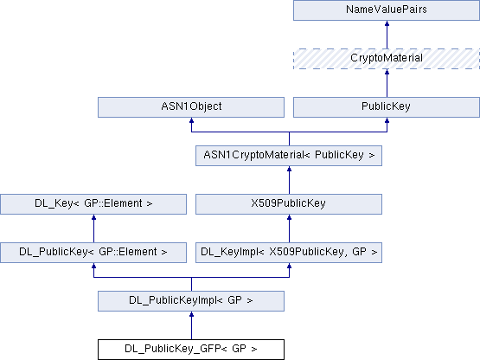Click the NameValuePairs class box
pyautogui.click(x=387, y=10)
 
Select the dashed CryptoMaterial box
pyautogui.click(x=387, y=59)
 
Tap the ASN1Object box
pyautogui.click(x=191, y=107)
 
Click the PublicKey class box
pyautogui.click(x=387, y=107)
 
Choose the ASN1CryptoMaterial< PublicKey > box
pyautogui.click(x=289, y=156)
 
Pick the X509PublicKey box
pyautogui.click(x=289, y=204)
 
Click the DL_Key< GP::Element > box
pyautogui.click(x=93, y=204)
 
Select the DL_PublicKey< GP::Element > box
pyautogui.click(x=93, y=253)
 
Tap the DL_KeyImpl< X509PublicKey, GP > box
pyautogui.click(x=289, y=253)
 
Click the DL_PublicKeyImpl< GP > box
pyautogui.click(x=191, y=301)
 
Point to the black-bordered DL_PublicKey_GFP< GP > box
pyautogui.click(x=191, y=350)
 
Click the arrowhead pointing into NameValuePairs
pyautogui.click(x=387, y=23)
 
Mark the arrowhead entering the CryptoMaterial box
pyautogui.click(x=387, y=72)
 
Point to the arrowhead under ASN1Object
pyautogui.click(x=191, y=120)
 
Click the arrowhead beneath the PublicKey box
pyautogui.click(x=387, y=120)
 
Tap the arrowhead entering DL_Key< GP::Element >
pyautogui.click(x=93, y=217)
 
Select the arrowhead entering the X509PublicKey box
pyautogui.click(x=289, y=217)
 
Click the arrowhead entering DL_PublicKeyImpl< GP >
pyautogui.click(x=191, y=314)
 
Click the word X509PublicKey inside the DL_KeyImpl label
pyautogui.click(x=306, y=252)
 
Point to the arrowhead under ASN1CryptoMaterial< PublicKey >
pyautogui.click(x=289, y=169)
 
